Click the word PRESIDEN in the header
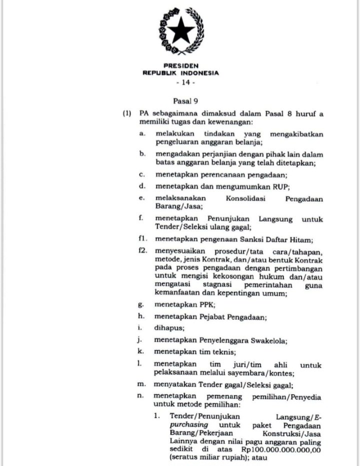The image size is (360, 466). (x=180, y=65)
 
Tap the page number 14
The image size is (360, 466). (x=180, y=82)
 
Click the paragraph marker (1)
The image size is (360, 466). (x=127, y=113)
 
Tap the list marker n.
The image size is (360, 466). (x=142, y=396)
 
